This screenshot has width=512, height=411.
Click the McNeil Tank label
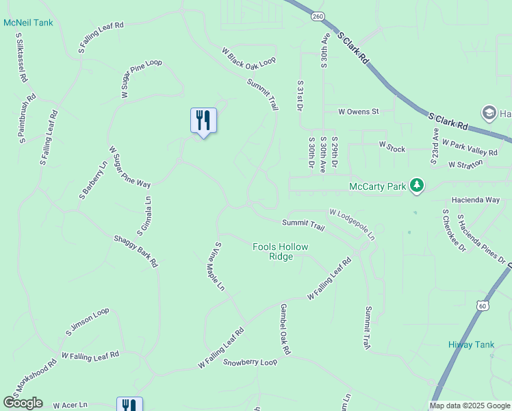click(28, 23)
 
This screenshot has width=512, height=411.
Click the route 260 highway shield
click(316, 16)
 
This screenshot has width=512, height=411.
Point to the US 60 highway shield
click(483, 306)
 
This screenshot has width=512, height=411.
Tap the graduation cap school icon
click(489, 112)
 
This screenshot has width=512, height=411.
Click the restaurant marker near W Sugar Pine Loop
click(203, 121)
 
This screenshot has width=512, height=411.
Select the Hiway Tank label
click(471, 345)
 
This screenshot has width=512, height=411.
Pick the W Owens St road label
click(358, 111)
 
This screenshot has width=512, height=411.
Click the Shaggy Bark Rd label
click(136, 251)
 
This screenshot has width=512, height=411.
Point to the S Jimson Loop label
click(88, 322)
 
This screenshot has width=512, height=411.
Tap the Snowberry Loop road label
click(250, 361)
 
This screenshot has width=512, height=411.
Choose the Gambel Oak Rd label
click(285, 329)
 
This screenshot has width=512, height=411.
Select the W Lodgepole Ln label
click(352, 224)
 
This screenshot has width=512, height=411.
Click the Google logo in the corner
click(23, 403)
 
